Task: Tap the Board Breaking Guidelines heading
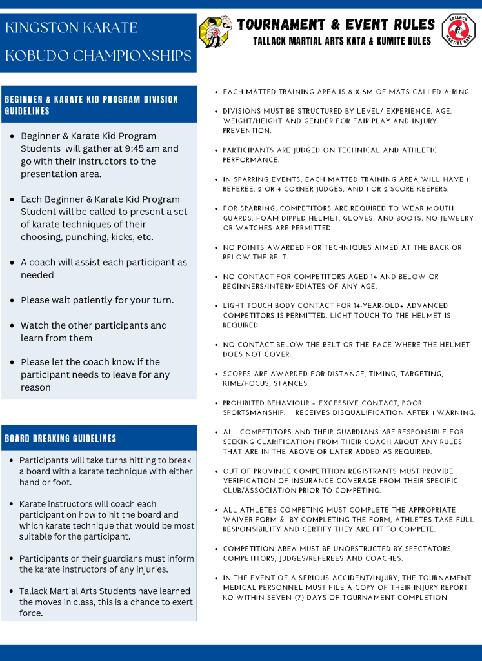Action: tap(61, 438)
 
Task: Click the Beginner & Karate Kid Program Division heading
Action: tap(91, 105)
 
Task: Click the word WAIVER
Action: tap(239, 520)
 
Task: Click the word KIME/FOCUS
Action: tap(243, 383)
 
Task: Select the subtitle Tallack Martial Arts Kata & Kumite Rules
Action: tap(342, 41)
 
